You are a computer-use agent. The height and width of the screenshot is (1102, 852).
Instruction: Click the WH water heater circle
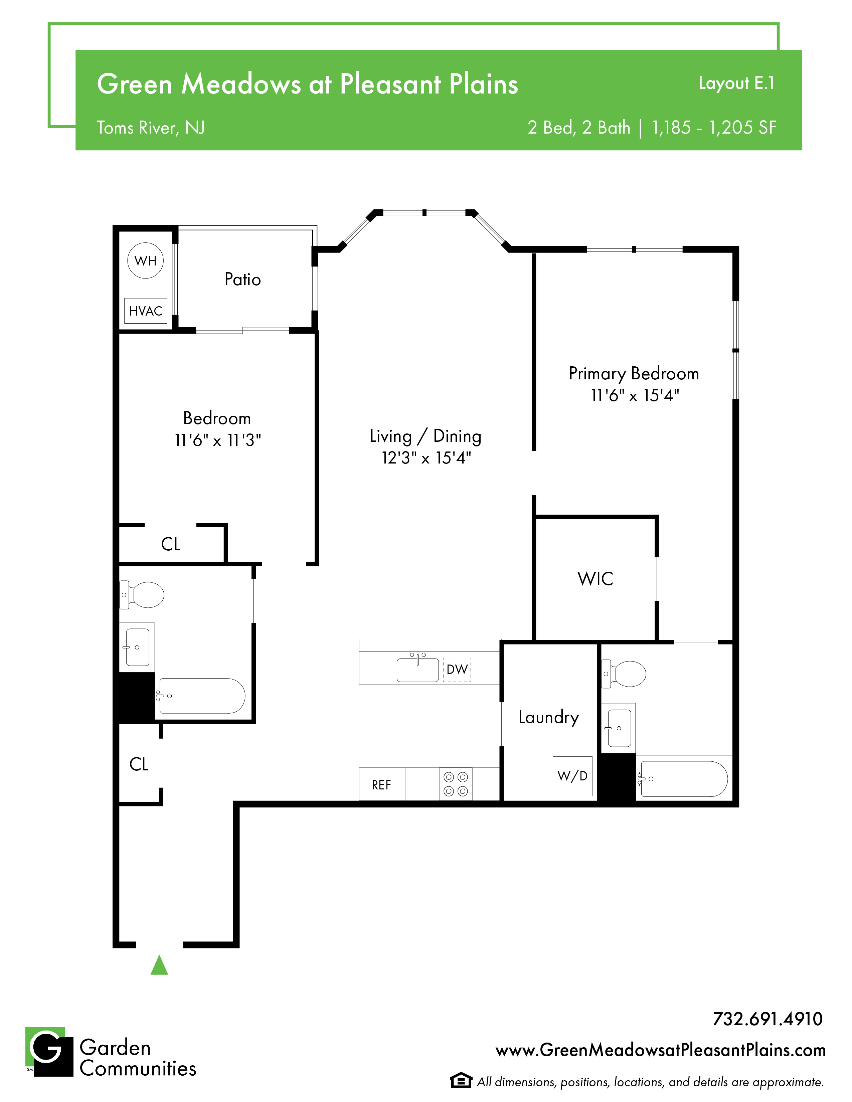coord(145,260)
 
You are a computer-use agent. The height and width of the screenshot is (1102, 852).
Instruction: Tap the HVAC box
coord(146,311)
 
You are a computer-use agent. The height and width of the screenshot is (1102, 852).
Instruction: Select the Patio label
coord(243,280)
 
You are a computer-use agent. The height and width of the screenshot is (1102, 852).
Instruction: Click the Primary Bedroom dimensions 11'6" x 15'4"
coord(635,395)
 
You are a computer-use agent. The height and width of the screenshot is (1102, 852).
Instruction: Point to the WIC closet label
coord(595,579)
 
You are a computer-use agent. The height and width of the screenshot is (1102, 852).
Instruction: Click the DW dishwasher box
coord(457,670)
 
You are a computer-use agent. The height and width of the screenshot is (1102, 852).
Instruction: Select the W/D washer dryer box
coord(572,776)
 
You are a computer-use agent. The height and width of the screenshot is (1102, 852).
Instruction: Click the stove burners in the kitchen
coord(456,784)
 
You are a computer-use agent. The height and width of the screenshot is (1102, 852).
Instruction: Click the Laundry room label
coord(549,717)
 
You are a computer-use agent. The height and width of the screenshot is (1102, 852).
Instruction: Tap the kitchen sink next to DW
coord(417,669)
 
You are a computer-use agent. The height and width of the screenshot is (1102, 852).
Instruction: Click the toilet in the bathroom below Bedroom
coord(142,595)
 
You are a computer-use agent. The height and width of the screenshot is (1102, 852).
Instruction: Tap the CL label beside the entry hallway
coord(139,764)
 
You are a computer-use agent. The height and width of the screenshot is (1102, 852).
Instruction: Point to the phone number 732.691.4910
coord(768,1019)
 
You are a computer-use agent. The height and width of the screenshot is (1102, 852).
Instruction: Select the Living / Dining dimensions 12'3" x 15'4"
coord(427,457)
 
